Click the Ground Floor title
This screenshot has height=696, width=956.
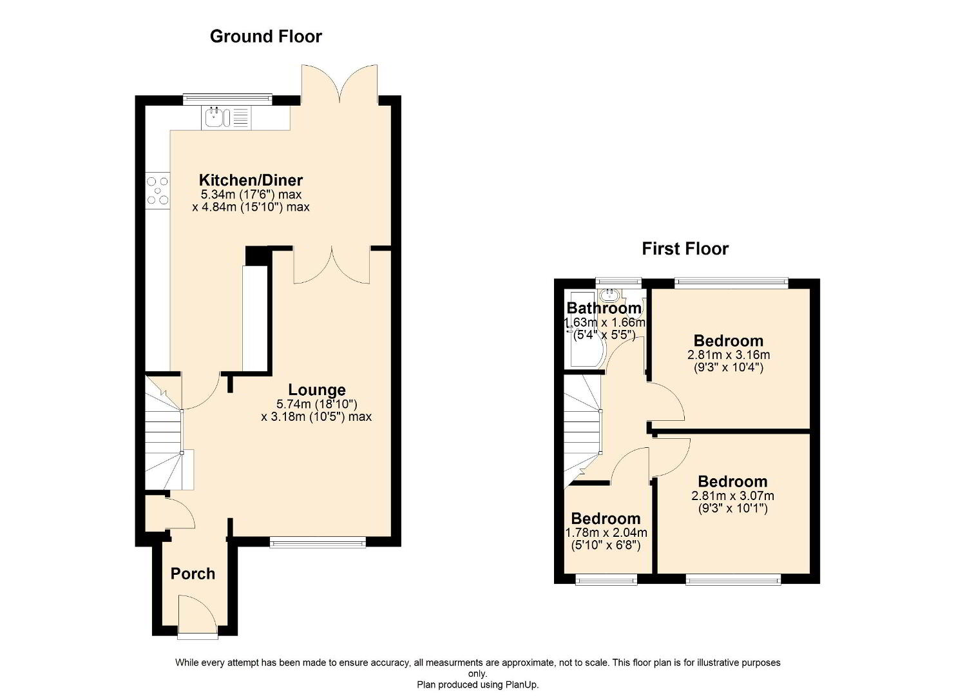265,37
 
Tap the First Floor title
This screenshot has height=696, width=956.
685,249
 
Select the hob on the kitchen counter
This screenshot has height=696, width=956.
157,191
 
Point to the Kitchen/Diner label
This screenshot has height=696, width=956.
251,180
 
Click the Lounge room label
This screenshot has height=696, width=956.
317,390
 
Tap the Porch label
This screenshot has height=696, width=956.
193,574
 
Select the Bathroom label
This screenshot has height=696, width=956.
604,308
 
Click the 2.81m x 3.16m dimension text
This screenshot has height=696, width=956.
729,355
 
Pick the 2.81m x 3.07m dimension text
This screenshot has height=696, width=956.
733,496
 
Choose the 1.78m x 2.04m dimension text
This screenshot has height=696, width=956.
606,533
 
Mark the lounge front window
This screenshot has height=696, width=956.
318,542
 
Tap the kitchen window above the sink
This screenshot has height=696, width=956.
227,99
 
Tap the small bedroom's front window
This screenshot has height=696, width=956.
606,579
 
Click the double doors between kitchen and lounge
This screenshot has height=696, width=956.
332,266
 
